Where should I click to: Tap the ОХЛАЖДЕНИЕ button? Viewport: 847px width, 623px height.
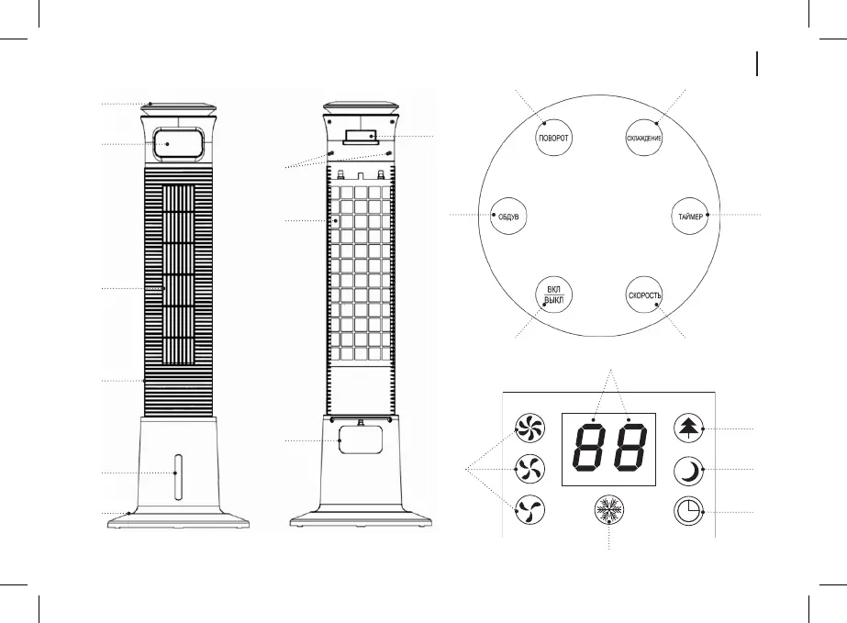644,137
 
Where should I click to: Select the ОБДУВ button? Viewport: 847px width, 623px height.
508,217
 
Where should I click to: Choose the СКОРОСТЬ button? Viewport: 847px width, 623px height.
644,296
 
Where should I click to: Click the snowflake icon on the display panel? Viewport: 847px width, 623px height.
608,510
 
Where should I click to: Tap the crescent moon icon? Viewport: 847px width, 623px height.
687,471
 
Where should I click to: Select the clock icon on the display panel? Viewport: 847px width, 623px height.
687,511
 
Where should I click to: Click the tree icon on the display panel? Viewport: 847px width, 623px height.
687,428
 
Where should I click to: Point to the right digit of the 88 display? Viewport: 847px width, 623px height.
630,449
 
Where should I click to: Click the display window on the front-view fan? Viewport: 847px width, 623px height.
178,143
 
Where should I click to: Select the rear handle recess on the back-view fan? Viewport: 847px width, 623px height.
360,138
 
